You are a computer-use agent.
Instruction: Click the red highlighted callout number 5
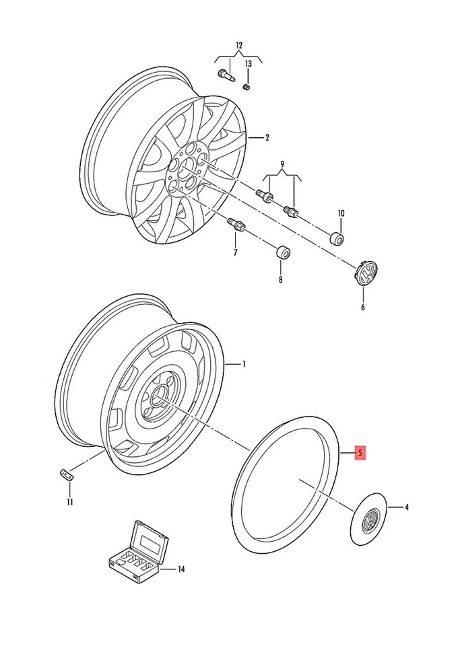360,454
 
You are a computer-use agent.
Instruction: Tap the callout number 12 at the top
238,45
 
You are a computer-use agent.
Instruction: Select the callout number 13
248,64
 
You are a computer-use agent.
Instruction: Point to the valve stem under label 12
224,76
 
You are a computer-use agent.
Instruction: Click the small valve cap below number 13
247,86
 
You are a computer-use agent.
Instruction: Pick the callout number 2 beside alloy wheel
267,138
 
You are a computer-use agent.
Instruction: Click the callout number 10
341,213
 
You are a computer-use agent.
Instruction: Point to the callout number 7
235,253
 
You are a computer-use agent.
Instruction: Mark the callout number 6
362,308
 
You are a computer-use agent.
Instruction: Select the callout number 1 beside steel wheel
244,364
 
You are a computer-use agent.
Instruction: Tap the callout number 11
69,501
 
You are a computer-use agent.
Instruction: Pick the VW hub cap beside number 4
368,518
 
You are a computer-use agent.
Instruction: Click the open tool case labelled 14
138,553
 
